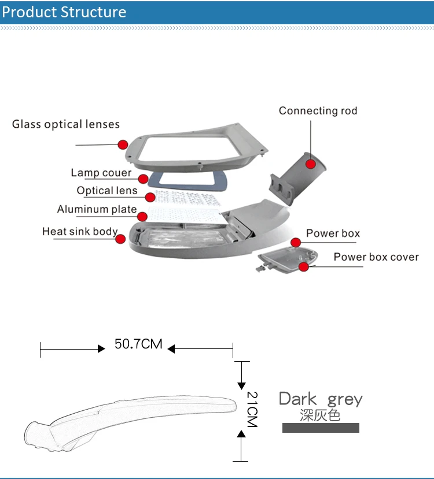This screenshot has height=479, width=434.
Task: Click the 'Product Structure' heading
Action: tap(64, 12)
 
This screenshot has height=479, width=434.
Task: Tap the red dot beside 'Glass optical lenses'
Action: tap(123, 144)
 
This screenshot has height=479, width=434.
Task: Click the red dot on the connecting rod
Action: tap(310, 164)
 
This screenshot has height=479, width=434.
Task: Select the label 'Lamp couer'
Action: tap(101, 173)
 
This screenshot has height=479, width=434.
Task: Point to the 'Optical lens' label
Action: tap(107, 191)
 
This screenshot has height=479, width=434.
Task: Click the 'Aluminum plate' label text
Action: tap(97, 209)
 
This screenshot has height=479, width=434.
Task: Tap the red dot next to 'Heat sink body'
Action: tap(120, 239)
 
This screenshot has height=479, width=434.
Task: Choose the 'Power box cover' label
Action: tap(376, 257)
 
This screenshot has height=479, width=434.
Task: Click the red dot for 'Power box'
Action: tap(296, 243)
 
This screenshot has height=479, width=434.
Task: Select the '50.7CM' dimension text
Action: tap(138, 344)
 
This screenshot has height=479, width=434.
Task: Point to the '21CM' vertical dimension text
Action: tap(252, 409)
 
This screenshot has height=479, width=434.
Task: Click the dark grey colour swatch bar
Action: tap(321, 428)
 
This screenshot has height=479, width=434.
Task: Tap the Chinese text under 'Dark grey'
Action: tap(320, 415)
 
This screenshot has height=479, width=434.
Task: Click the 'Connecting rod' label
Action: tap(318, 111)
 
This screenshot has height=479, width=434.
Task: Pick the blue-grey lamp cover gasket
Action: tap(187, 180)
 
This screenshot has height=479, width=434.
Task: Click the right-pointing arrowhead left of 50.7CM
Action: tap(101, 348)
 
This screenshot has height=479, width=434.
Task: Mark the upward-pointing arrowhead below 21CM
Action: tap(241, 434)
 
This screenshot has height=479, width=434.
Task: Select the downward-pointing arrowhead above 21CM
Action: tap(241, 386)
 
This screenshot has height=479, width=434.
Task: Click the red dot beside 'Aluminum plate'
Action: tap(142, 217)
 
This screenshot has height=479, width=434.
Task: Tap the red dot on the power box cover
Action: tap(303, 267)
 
